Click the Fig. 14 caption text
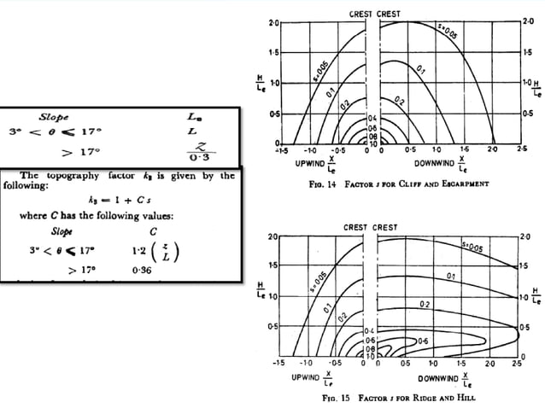click(397, 183)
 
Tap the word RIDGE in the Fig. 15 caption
click(435, 397)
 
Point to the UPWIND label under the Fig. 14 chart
click(310, 161)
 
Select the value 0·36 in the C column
click(143, 269)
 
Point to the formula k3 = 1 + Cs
click(119, 199)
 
